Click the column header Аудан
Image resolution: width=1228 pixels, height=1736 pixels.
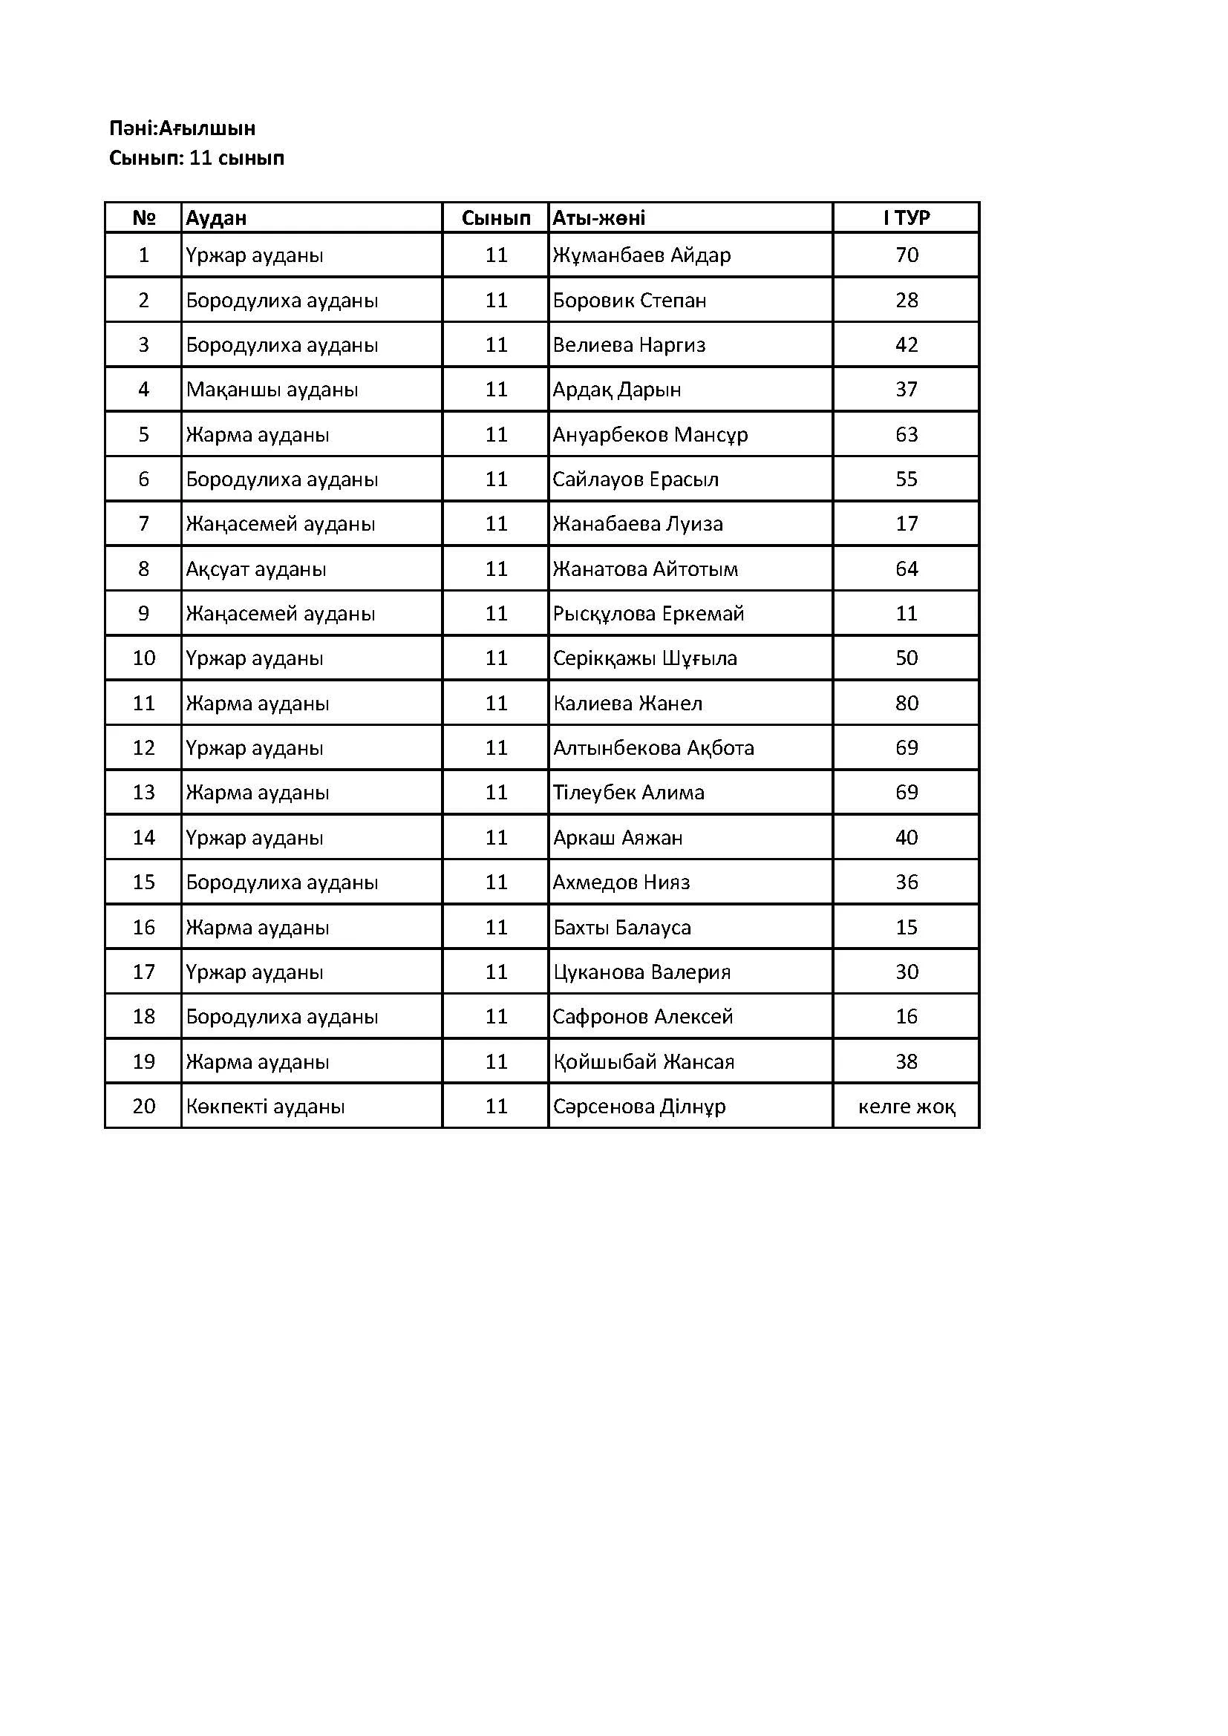click(x=216, y=218)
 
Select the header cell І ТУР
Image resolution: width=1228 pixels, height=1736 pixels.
click(x=906, y=218)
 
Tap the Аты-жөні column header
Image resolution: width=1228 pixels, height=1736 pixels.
click(x=599, y=218)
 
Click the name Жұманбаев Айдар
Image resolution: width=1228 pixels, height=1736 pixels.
click(x=641, y=255)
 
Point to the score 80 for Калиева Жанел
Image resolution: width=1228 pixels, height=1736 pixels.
click(x=906, y=703)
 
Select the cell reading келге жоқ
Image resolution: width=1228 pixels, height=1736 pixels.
click(x=906, y=1107)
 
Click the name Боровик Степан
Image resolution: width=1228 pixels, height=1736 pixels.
click(x=629, y=301)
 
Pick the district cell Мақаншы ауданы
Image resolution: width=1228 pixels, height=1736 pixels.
click(x=272, y=390)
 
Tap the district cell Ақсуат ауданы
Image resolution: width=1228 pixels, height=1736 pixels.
click(x=256, y=569)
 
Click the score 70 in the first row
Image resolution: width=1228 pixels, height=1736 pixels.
click(x=906, y=255)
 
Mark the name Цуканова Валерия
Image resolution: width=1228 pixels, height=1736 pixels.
click(x=641, y=972)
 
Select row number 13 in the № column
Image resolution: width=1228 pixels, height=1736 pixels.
click(x=144, y=793)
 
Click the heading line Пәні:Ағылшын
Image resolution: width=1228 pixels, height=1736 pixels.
click(x=182, y=128)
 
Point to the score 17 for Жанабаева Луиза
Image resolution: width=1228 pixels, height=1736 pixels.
click(x=906, y=524)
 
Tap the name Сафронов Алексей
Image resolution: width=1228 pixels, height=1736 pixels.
click(x=643, y=1017)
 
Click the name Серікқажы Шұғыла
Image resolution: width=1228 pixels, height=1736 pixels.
click(x=644, y=658)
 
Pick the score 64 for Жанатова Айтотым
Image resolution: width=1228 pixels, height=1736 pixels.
click(x=906, y=569)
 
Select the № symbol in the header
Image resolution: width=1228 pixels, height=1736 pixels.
click(x=144, y=218)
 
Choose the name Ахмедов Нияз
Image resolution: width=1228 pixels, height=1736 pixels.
click(x=621, y=882)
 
